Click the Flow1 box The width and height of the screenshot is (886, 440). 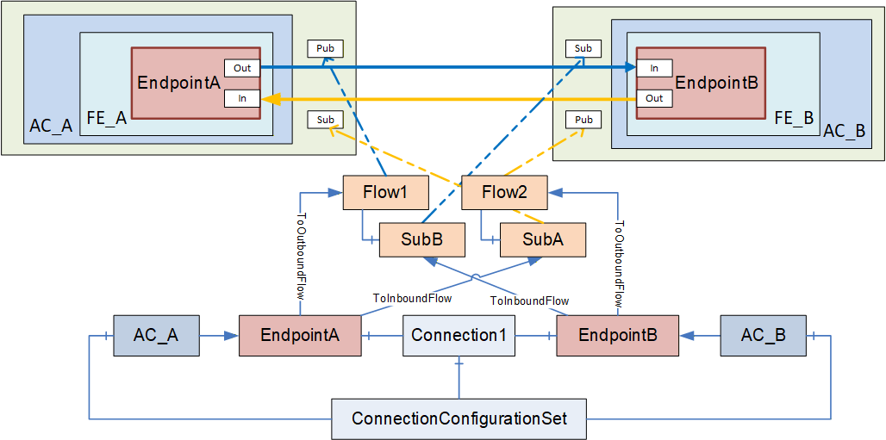[386, 193]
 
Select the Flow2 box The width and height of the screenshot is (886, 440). [504, 193]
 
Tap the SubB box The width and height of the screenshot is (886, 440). [421, 240]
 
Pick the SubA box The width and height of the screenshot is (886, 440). [543, 240]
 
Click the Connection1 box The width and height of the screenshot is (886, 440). [459, 336]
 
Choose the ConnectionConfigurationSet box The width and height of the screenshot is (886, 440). [459, 419]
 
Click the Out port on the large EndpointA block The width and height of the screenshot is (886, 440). [242, 68]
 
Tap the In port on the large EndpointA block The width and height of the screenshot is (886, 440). [242, 98]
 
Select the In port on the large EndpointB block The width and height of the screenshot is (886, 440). [654, 68]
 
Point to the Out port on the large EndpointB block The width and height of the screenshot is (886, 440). [654, 98]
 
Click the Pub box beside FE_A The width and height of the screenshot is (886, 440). [325, 48]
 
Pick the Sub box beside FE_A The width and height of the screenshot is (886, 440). [325, 120]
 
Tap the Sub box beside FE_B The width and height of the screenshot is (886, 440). [583, 48]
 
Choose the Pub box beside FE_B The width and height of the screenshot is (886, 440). [583, 120]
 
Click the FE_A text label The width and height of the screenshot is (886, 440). [107, 120]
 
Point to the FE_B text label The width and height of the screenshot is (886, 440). [794, 118]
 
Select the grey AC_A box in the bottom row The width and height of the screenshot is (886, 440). [157, 336]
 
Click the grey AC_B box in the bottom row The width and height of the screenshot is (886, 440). [763, 336]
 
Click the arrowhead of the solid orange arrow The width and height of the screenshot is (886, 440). [273, 99]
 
